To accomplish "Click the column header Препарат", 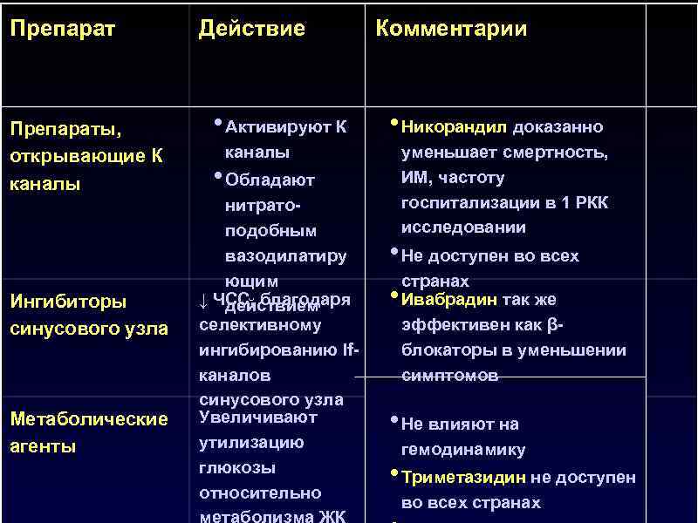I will pyautogui.click(x=62, y=29).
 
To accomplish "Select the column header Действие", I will pyautogui.click(x=252, y=29).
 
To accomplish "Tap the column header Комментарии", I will pyautogui.click(x=451, y=29).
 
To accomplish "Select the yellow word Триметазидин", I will pyautogui.click(x=463, y=478).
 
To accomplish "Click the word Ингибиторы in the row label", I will pyautogui.click(x=67, y=302).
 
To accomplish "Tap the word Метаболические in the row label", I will pyautogui.click(x=88, y=419).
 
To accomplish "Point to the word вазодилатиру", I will pyautogui.click(x=285, y=256).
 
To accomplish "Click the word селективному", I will pyautogui.click(x=260, y=325).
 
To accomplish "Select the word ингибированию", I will pyautogui.click(x=270, y=350).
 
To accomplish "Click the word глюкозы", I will pyautogui.click(x=237, y=467).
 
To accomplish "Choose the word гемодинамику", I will pyautogui.click(x=463, y=451).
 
